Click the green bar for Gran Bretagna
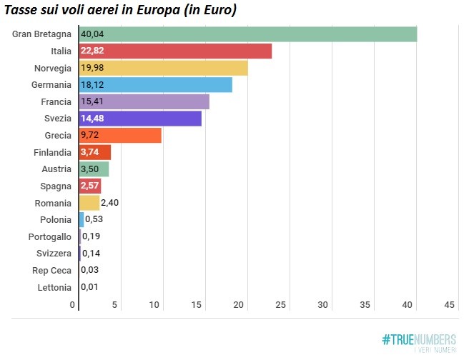coord(247,34)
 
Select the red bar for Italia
coord(175,51)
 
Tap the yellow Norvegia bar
coord(163,68)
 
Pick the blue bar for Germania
coord(155,85)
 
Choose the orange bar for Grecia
coord(120,136)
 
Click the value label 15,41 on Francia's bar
coord(93,102)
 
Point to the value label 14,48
coord(93,119)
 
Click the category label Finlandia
coord(52,152)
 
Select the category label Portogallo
coord(50,236)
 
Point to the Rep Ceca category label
coord(52,270)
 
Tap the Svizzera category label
coord(54,254)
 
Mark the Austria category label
coord(56,169)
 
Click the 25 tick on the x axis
coord(280,305)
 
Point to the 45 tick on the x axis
coord(449,305)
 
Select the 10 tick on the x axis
coord(154,305)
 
